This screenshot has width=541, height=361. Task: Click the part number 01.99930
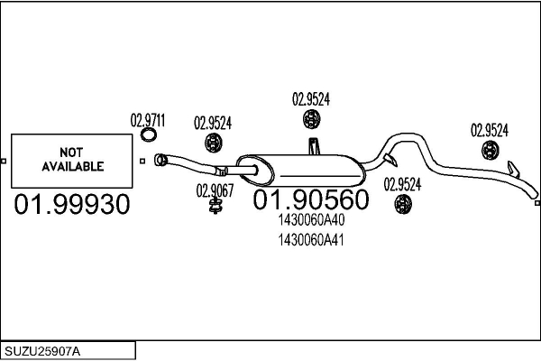(72, 204)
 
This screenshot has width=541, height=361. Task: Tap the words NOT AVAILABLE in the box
(72, 159)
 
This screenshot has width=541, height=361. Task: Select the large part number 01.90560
(311, 199)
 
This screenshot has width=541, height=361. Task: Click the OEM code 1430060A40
(311, 219)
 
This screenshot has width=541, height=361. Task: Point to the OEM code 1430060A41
(311, 240)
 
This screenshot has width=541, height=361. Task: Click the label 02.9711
(148, 121)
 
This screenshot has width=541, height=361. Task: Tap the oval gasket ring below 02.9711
(149, 134)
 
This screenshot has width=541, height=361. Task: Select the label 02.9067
(215, 190)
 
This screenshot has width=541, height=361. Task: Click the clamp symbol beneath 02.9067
(215, 206)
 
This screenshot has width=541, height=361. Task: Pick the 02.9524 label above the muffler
(311, 99)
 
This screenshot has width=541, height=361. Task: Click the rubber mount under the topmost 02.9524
(312, 119)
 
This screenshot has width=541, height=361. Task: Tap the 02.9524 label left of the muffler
(213, 123)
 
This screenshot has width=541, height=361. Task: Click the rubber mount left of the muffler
(213, 143)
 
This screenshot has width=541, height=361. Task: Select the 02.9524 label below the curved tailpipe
(402, 184)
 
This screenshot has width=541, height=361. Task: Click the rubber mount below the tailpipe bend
(403, 204)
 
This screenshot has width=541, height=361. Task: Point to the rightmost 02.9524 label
(490, 130)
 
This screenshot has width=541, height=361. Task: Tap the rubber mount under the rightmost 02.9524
(491, 151)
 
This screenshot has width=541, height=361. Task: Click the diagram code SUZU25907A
(42, 351)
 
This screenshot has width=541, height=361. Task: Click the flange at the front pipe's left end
(160, 160)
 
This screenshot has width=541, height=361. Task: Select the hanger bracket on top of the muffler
(314, 146)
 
